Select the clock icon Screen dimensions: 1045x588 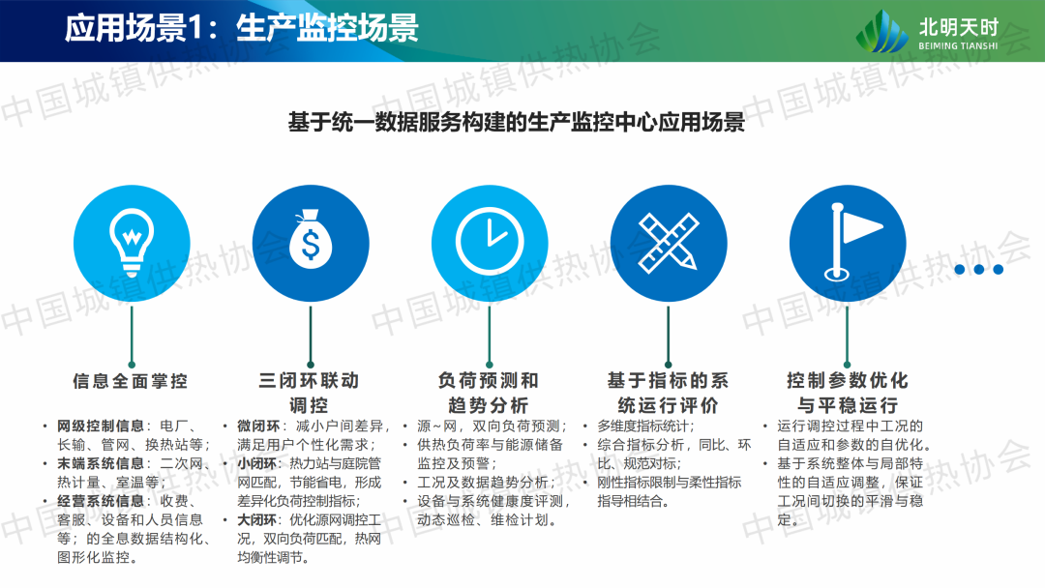pos(490,241)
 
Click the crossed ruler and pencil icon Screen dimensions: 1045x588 pos(668,243)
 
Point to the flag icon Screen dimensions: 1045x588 pos(852,242)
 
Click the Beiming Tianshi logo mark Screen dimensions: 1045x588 pos(881,31)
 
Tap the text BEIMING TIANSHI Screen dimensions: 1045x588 pos(958,46)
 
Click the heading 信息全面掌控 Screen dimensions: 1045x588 pos(131,381)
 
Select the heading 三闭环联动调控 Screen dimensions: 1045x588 pos(310,393)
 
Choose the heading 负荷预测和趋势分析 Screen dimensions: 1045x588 pos(489,393)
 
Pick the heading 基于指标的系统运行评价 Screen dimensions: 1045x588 pos(668,393)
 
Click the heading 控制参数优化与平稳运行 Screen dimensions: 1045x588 pos(847,393)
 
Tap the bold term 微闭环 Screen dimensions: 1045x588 pos(258,426)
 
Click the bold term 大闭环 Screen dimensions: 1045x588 pos(258,520)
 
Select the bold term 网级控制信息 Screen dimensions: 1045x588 pos(101,426)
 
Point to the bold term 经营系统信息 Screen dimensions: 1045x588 pos(101,501)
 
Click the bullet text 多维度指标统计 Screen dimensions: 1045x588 pos(645,426)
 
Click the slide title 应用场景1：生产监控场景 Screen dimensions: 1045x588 pos(241,29)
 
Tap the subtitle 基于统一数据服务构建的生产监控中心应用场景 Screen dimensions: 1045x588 pos(517,122)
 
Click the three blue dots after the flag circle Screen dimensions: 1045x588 pos(978,269)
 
